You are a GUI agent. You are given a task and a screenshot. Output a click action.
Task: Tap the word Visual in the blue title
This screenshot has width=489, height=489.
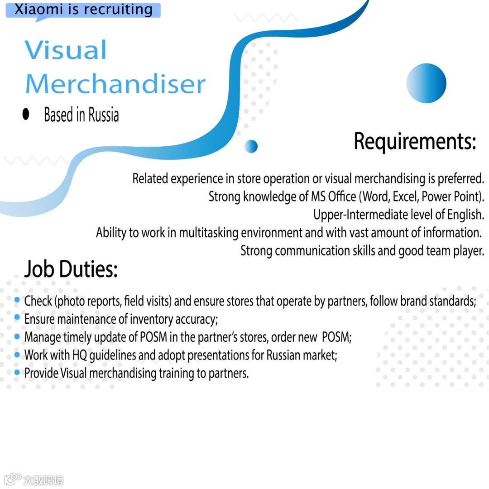pos(66,50)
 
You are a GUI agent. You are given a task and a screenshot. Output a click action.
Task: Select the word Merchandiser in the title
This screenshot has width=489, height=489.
pos(115,84)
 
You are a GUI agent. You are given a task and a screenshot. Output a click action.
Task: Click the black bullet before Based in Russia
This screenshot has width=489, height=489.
pos(26,115)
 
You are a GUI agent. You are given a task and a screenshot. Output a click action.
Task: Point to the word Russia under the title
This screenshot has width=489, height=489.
pos(104,115)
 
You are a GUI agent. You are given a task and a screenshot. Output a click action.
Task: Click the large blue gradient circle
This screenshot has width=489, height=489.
pos(426,83)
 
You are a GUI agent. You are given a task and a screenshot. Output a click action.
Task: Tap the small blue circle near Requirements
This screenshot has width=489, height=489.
pos(251,146)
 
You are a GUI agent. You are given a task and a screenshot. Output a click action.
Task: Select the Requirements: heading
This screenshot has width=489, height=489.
pos(414,141)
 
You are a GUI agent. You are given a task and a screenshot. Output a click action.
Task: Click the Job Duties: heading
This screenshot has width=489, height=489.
pos(71,269)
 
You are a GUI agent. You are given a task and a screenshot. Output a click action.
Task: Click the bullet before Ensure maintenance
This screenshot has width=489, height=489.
pos(17,318)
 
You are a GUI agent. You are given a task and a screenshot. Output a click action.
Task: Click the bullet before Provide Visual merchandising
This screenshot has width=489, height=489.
pos(17,373)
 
